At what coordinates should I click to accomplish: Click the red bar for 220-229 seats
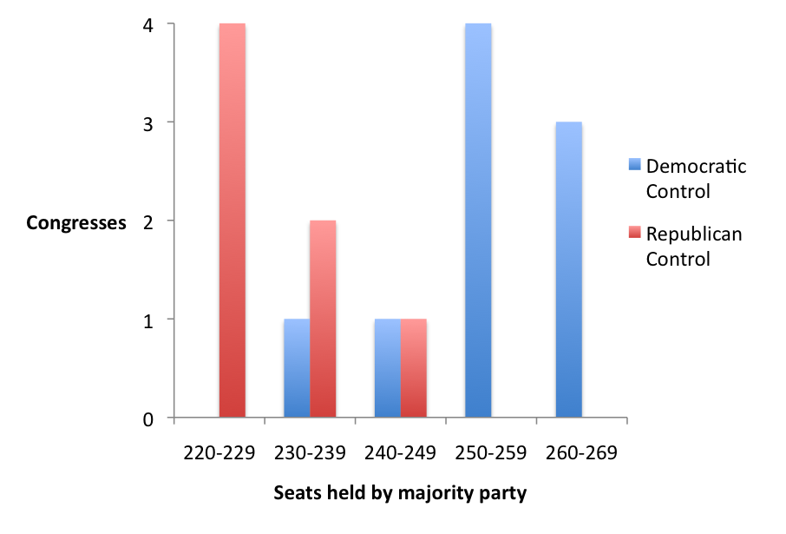(x=232, y=221)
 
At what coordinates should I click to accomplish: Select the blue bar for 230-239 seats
(x=297, y=368)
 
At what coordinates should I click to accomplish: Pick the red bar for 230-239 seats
(x=323, y=319)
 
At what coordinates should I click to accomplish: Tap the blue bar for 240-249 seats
(x=387, y=368)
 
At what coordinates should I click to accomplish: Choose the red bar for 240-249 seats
(x=413, y=368)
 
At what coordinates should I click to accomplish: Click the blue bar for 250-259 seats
(x=478, y=221)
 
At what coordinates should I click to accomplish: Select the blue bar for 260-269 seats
(x=568, y=270)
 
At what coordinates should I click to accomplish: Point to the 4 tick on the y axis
(x=148, y=25)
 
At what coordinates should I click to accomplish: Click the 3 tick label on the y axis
(x=148, y=123)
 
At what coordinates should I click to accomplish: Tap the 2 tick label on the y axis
(x=148, y=221)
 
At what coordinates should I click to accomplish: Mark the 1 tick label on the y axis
(x=148, y=320)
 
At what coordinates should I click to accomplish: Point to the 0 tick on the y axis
(x=148, y=419)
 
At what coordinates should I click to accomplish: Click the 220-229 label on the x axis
(x=219, y=453)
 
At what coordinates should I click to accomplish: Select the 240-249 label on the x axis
(x=400, y=453)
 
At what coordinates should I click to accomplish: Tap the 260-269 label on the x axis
(x=581, y=453)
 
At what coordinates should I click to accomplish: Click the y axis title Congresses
(x=76, y=223)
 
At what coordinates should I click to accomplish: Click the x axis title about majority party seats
(x=400, y=493)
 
